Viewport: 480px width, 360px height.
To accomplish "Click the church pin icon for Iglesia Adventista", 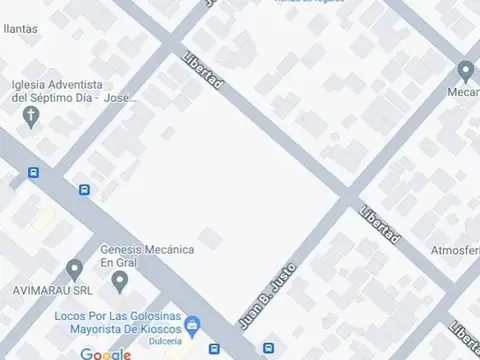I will click(31, 117).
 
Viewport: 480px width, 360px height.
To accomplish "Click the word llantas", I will click(19, 30).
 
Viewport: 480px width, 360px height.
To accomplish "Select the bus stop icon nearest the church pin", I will click(34, 172).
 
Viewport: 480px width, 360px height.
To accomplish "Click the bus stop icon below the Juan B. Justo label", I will click(268, 349).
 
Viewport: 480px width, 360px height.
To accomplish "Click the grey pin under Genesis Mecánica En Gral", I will click(120, 283).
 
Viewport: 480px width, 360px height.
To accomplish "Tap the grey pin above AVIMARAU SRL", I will click(74, 270).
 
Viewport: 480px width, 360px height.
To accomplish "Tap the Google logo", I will click(106, 354).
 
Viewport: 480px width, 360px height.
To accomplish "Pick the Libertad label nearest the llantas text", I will click(203, 73).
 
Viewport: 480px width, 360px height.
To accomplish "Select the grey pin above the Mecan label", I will click(465, 71).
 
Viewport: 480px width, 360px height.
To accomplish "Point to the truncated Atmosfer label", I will click(455, 250).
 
